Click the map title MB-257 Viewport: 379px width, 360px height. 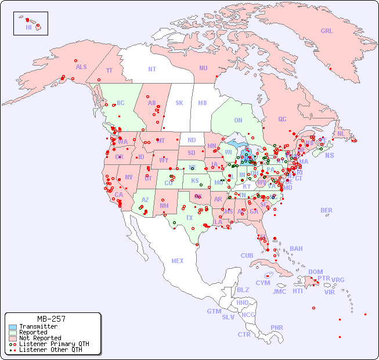[x=51, y=319]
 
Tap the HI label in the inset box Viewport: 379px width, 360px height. [x=28, y=27]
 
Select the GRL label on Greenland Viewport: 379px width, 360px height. [x=327, y=31]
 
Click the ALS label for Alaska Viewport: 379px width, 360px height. [x=81, y=67]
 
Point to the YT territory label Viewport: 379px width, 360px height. [x=109, y=70]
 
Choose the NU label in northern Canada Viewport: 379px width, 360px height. [x=203, y=68]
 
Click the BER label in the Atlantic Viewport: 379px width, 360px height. [x=327, y=210]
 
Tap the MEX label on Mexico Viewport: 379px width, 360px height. [x=178, y=261]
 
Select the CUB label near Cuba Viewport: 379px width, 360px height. [x=247, y=255]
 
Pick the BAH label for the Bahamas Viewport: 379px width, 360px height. [x=296, y=249]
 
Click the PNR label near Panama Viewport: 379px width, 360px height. [x=277, y=327]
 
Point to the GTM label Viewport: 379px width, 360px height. [x=214, y=311]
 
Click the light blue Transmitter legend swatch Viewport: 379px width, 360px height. [x=12, y=327]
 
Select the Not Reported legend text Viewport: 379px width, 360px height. [x=40, y=338]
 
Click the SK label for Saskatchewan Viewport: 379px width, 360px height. [x=179, y=103]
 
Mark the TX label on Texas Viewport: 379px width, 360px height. [x=189, y=218]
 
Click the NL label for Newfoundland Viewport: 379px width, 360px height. [x=341, y=134]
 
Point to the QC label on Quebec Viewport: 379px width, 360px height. [x=282, y=119]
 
